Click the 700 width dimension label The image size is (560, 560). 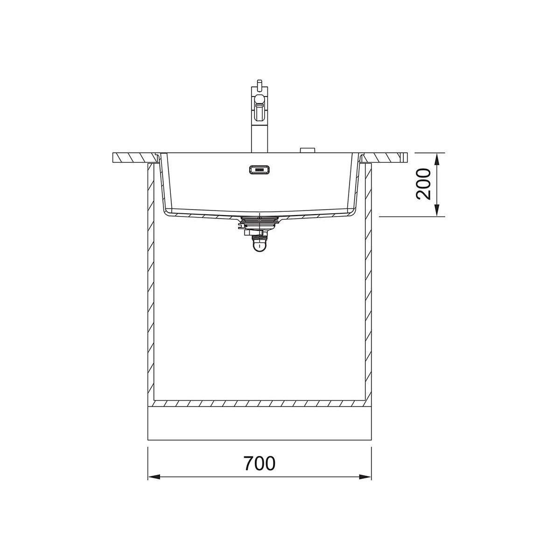click(x=259, y=463)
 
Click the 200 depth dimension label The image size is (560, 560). click(x=423, y=184)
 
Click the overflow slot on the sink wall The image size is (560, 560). click(x=259, y=169)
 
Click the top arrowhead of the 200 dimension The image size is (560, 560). click(x=437, y=159)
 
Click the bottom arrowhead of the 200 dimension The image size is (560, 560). click(x=437, y=210)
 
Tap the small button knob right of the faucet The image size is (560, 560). click(x=307, y=150)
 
